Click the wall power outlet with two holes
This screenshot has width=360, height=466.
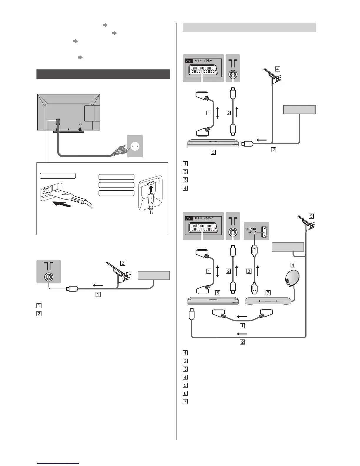[135, 146]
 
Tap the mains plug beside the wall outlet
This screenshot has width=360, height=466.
[117, 152]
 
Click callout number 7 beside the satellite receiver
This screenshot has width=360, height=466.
[267, 293]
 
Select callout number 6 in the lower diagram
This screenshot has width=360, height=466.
[218, 293]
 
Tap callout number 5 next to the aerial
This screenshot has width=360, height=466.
[311, 216]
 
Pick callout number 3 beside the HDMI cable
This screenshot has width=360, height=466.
[249, 271]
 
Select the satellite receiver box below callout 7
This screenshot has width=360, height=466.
[268, 301]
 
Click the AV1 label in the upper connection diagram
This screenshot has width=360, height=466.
[189, 61]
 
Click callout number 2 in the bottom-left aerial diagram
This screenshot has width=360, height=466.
[123, 263]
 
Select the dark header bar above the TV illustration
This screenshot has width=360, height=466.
[103, 74]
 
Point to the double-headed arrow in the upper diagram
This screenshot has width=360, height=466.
[217, 113]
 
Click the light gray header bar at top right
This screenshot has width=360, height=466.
[249, 27]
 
